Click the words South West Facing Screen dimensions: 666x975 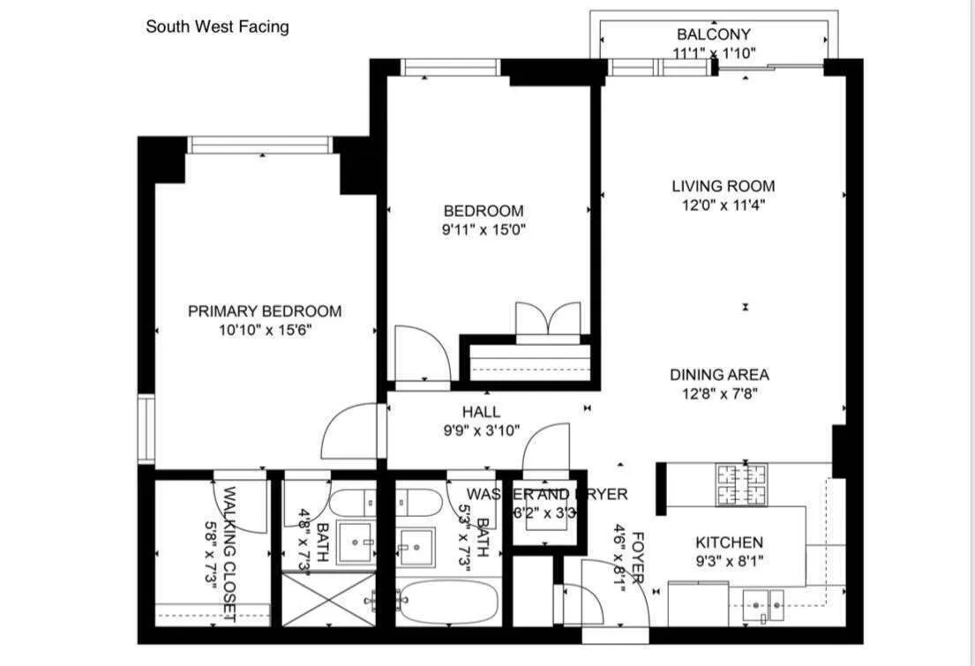217,26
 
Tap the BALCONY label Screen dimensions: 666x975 713,34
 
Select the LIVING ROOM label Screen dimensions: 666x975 723,186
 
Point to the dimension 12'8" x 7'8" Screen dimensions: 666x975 718,394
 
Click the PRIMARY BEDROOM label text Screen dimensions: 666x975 264,311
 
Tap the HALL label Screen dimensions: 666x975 481,412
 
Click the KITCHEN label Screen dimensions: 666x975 729,543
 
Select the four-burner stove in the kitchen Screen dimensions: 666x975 740,484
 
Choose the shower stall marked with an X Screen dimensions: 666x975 327,600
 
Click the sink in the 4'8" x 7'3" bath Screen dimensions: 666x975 357,543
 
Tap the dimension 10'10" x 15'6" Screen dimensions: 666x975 266,331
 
